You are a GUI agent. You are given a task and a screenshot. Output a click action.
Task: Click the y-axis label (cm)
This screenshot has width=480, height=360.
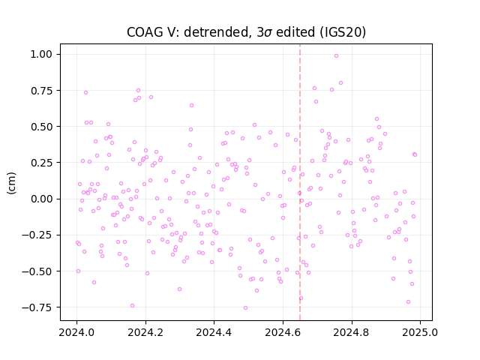click(x=11, y=183)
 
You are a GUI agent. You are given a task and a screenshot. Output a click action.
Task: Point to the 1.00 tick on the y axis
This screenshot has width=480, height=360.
click(x=41, y=55)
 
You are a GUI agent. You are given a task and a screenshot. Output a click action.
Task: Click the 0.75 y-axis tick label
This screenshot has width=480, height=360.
click(x=41, y=91)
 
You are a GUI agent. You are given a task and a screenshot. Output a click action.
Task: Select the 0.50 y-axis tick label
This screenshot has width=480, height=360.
click(x=41, y=127)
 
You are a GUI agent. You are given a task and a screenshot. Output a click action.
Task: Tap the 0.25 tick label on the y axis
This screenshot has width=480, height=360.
click(x=41, y=163)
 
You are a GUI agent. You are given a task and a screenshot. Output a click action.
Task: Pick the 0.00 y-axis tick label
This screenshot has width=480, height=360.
click(x=41, y=199)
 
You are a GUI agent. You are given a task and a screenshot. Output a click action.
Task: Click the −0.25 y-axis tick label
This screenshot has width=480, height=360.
click(x=37, y=235)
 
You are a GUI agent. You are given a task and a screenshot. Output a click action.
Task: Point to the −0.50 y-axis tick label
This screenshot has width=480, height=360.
click(x=37, y=271)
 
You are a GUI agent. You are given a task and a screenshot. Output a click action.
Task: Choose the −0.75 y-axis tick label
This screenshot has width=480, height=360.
click(x=37, y=307)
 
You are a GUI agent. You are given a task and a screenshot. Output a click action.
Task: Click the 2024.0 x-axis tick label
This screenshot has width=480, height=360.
click(x=76, y=332)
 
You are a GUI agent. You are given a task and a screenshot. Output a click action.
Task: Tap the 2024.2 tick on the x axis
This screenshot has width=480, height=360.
click(x=145, y=332)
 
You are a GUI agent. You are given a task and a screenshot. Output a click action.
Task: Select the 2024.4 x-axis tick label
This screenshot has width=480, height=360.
click(x=214, y=332)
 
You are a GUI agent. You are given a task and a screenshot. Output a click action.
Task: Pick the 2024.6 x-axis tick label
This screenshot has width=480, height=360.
click(x=283, y=332)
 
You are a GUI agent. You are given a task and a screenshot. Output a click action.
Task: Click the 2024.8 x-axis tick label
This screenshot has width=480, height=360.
click(x=352, y=332)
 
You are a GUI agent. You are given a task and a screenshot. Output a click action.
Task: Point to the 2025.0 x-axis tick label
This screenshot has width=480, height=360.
click(x=420, y=332)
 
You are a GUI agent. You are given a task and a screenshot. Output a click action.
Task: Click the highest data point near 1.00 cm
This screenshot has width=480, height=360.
click(x=337, y=56)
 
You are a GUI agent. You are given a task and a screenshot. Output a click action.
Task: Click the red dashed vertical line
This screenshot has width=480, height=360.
click(x=300, y=182)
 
